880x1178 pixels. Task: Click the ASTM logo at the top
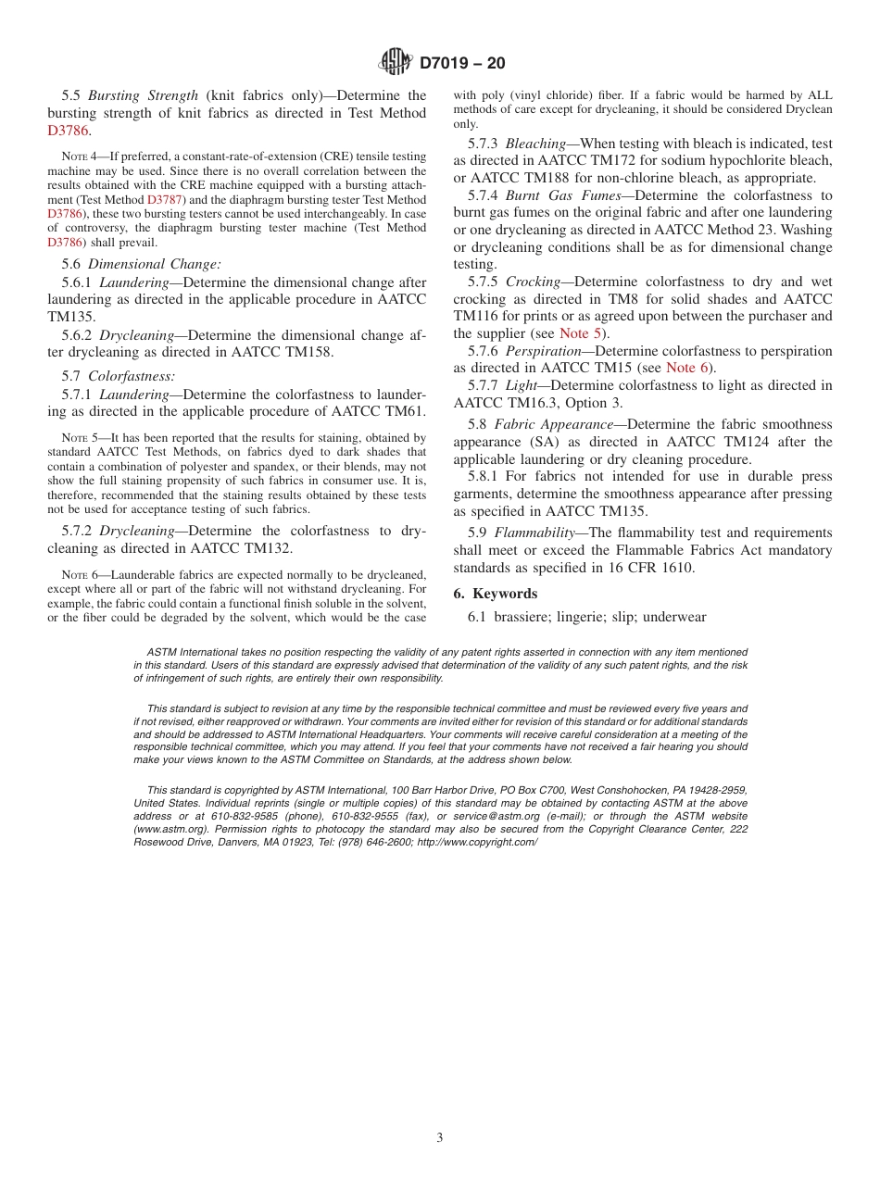coord(396,63)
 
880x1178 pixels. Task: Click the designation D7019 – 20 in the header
coord(462,64)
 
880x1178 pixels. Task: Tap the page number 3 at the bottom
coord(440,1138)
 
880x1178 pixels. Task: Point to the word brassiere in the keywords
coord(524,617)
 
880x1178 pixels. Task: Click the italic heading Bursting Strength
coord(143,95)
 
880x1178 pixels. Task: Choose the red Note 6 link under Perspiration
coord(686,368)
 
